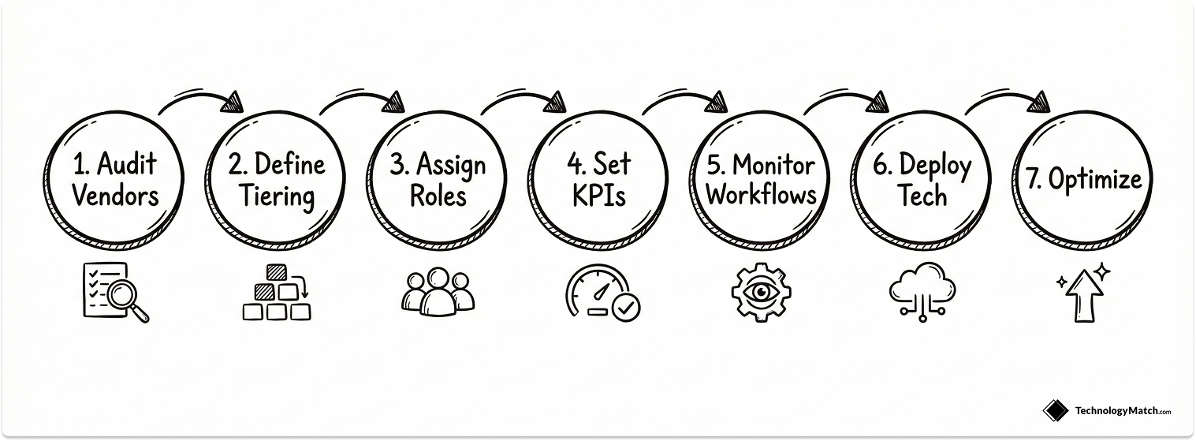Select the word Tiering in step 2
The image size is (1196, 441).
(277, 195)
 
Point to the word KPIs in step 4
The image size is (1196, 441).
(599, 195)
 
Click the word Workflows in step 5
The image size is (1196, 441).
(762, 194)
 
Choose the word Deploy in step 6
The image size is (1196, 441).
(935, 166)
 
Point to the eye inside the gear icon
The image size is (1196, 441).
(760, 291)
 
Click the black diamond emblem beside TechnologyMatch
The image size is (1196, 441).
(1056, 410)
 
